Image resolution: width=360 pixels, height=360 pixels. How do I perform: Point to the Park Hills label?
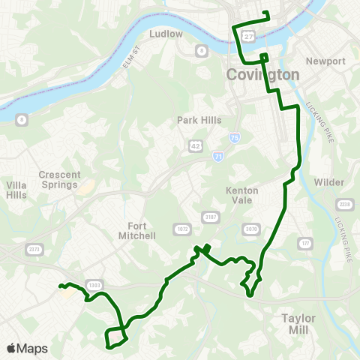(196, 119)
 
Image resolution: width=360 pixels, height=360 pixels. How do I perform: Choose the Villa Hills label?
(16, 190)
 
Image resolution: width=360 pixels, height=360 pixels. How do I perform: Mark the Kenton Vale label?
(242, 195)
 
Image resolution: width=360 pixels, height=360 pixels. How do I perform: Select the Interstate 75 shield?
(233, 139)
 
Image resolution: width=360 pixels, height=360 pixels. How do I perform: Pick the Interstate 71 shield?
(218, 156)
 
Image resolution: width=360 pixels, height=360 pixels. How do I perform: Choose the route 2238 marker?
(345, 204)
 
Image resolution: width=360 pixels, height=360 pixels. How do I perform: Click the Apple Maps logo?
(26, 348)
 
